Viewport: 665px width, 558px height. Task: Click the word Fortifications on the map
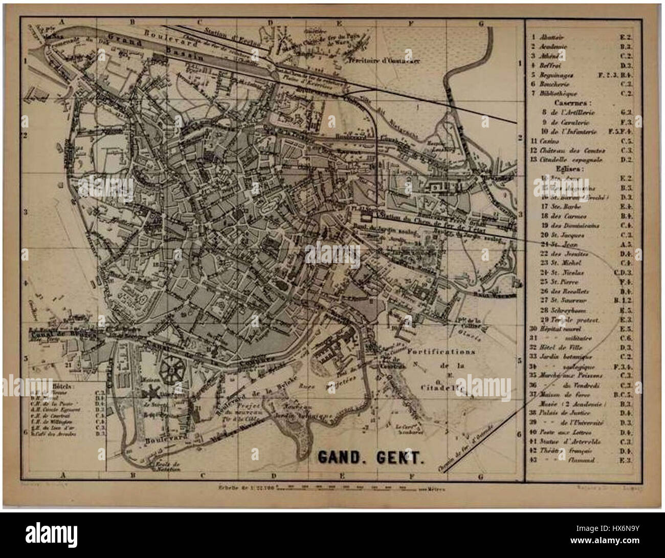pyautogui.click(x=441, y=352)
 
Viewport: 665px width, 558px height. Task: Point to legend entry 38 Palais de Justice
pyautogui.click(x=563, y=413)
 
